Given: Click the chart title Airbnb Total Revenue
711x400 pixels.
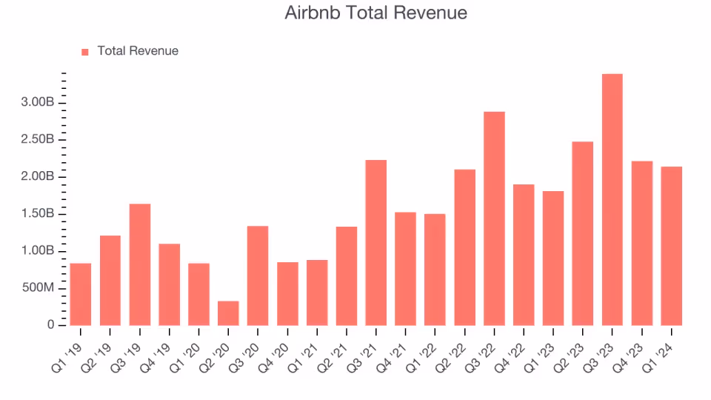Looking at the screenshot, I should (x=375, y=13).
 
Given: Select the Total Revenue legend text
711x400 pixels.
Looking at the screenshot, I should (x=138, y=51).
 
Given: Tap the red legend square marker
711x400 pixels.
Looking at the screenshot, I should (x=84, y=52).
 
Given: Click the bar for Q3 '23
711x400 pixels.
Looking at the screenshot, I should (x=612, y=199).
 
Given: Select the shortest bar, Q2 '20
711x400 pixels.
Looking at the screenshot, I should (x=228, y=313).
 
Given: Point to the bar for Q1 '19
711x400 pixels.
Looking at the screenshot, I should (x=81, y=294).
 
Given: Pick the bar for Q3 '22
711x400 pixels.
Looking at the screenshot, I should (x=494, y=218).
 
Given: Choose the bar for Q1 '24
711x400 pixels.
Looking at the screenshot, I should (x=671, y=245).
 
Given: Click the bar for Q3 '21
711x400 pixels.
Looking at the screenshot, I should (x=375, y=242).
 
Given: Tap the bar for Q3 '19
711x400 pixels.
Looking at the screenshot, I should (x=139, y=264).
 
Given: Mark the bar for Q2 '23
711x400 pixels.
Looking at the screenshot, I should (x=583, y=233).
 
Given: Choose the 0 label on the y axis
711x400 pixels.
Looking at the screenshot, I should (x=51, y=325).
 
